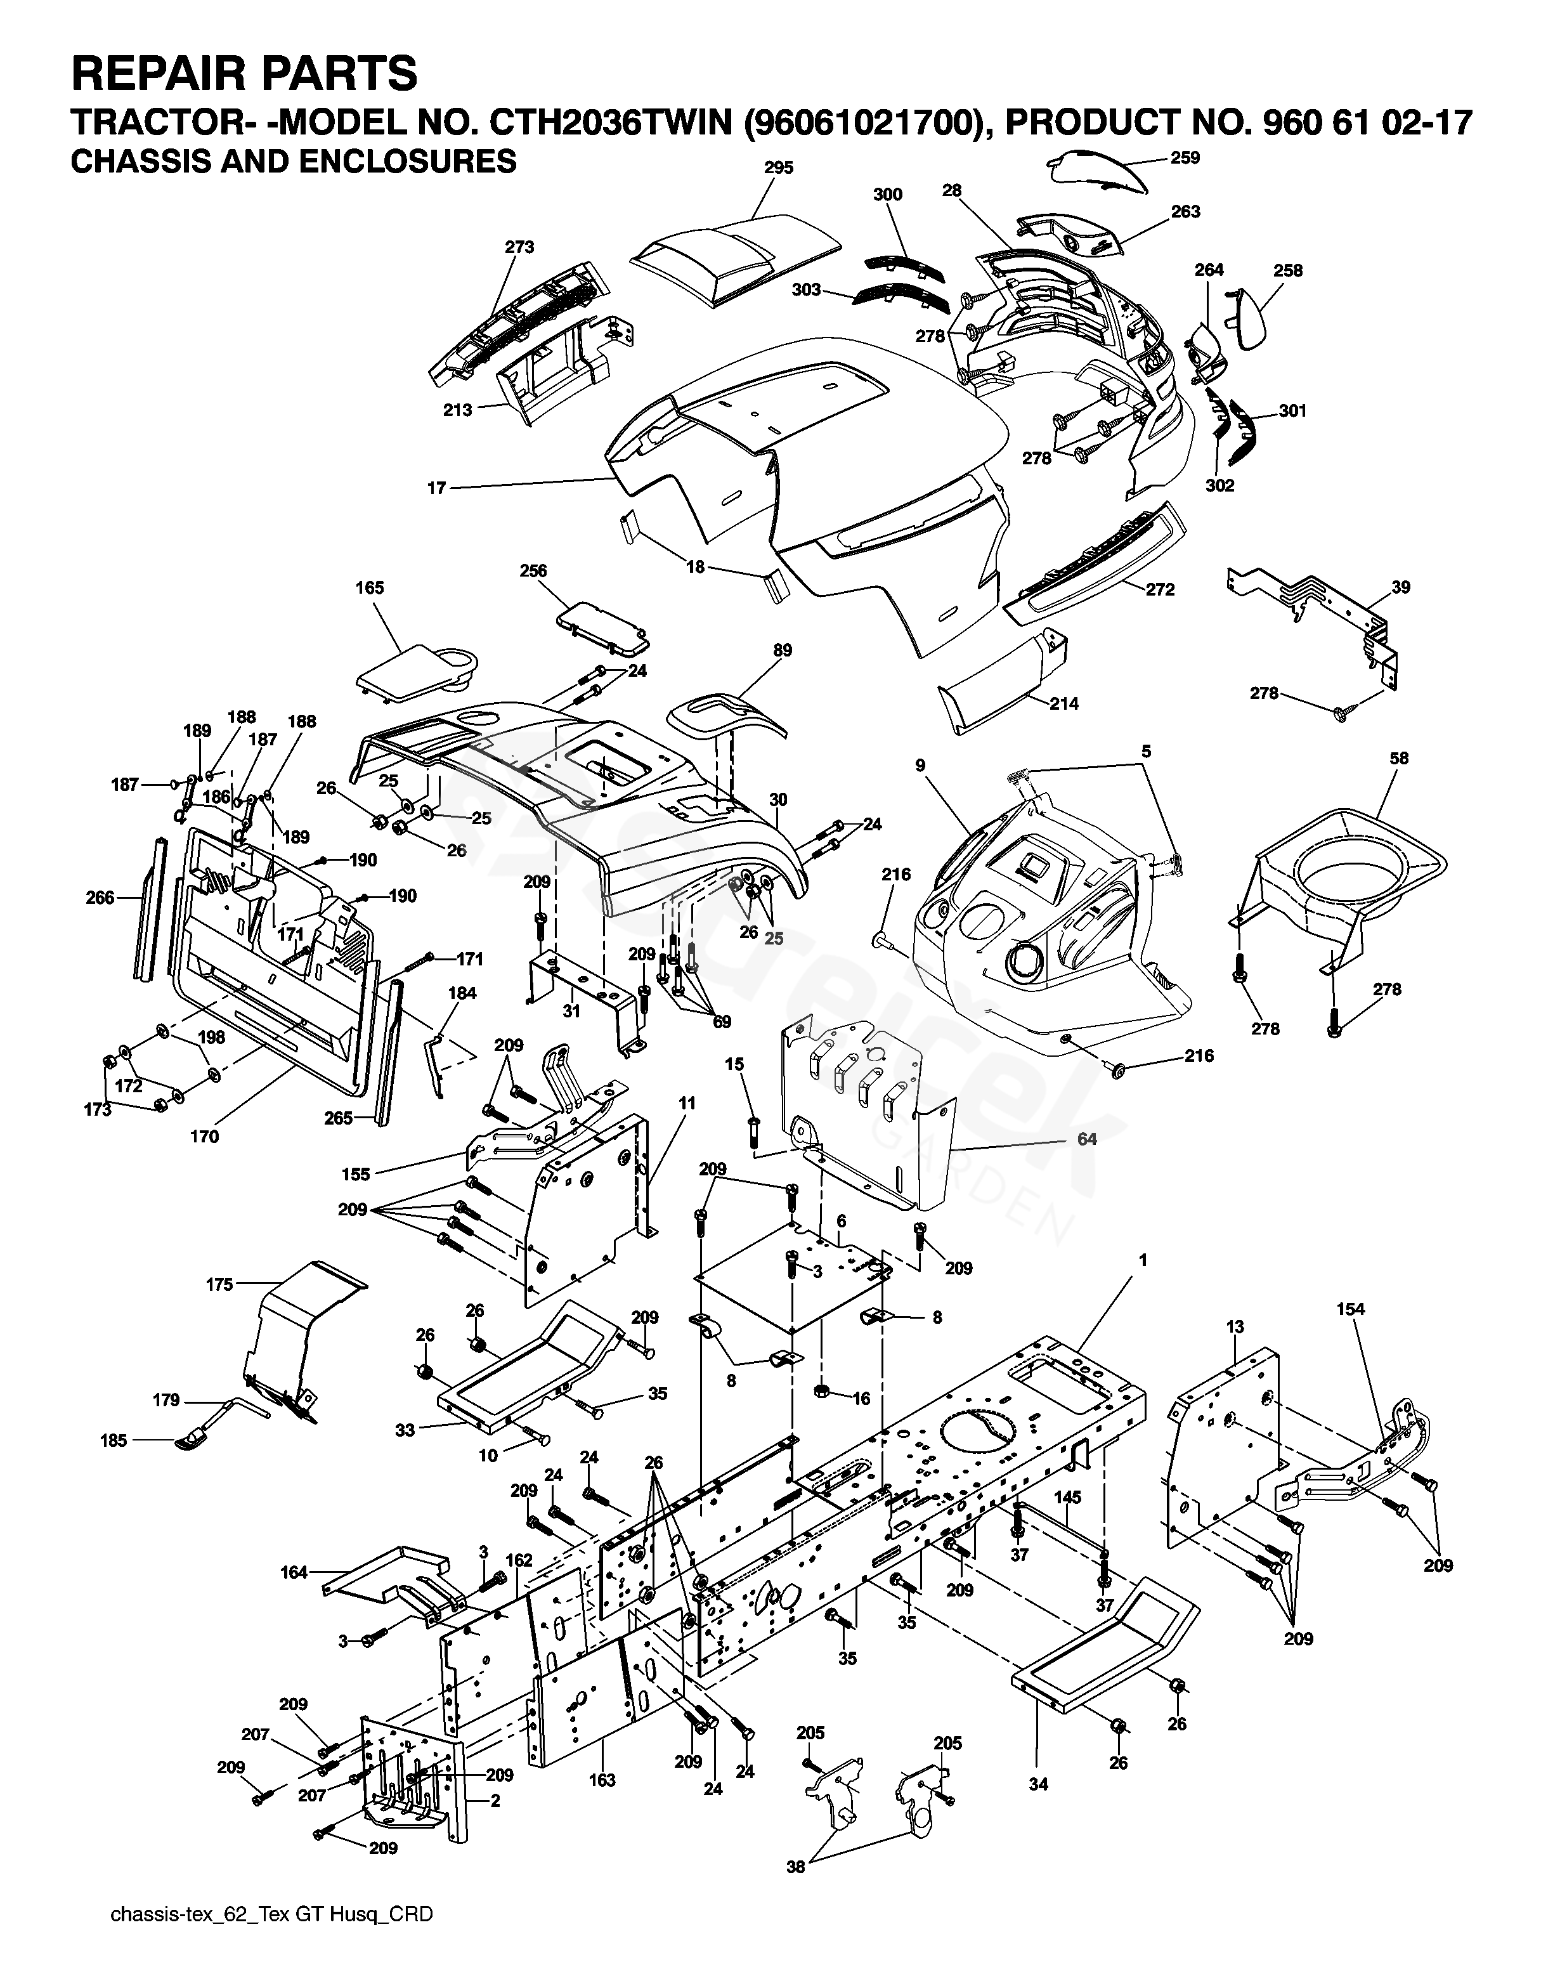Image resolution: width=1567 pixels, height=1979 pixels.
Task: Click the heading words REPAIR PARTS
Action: pyautogui.click(x=244, y=74)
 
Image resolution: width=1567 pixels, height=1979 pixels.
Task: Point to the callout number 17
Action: pyautogui.click(x=437, y=488)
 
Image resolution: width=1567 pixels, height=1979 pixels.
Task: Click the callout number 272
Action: pyautogui.click(x=1160, y=589)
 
